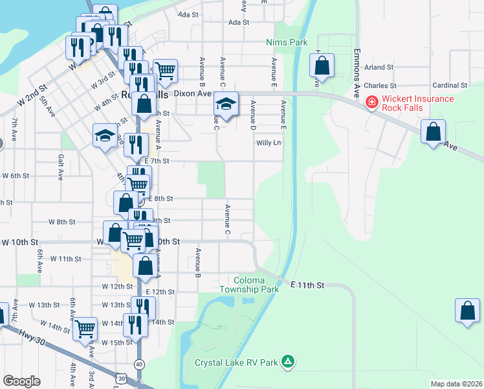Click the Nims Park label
pos(286,42)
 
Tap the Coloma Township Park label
pos(248,285)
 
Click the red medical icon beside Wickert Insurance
pos(371,102)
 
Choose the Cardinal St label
pos(450,85)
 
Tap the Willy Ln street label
pos(269,143)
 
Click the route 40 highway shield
pos(139,364)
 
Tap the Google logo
pos(21,381)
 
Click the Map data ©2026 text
pos(456,384)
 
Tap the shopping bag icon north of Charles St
pos(322,65)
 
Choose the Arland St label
pos(379,67)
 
